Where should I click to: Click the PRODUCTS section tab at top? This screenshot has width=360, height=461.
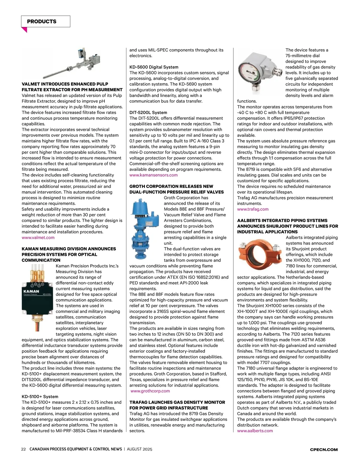coord(45,22)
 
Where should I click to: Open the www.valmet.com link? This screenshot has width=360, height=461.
coord(38,238)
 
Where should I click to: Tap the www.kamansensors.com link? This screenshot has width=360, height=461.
coord(153,175)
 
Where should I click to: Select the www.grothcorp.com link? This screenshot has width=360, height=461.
coord(150,391)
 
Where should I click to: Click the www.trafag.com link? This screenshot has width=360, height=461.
coord(253,209)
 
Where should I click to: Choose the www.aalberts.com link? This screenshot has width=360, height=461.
coord(255,431)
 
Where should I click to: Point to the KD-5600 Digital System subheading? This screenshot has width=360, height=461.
coord(154,67)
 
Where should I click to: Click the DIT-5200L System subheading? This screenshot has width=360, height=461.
coord(148,113)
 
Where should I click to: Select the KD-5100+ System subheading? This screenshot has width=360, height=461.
coord(40,397)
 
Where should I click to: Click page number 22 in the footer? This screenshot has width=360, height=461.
coord(23,449)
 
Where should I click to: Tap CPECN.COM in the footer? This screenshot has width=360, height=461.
coord(324,450)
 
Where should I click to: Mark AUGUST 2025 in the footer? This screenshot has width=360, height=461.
coord(139,449)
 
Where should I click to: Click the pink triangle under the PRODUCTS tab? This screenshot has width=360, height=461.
coord(25,30)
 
